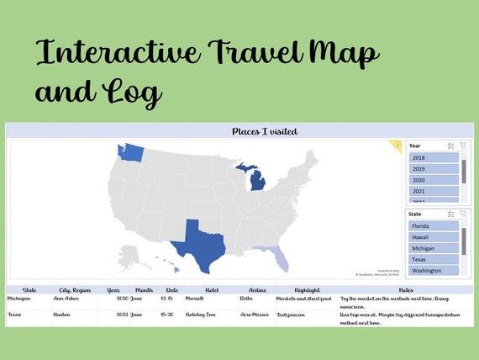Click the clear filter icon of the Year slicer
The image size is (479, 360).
coord(462,146)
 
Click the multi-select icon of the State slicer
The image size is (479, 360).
coord(451,214)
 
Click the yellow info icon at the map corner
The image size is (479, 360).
coord(397,145)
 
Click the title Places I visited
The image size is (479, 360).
coord(265,131)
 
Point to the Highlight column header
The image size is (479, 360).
coord(307,290)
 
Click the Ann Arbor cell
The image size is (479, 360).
coord(66,299)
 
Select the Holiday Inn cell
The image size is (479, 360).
coord(202,314)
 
